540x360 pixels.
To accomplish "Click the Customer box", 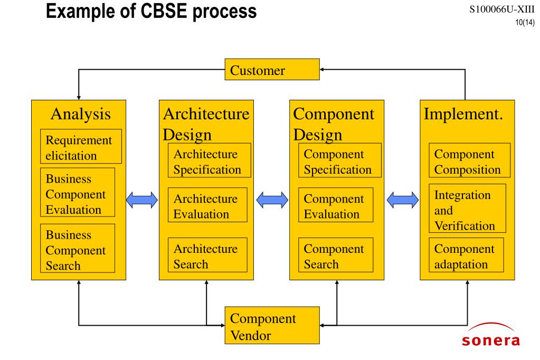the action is coord(272,70).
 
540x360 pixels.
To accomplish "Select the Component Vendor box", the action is coord(272,325).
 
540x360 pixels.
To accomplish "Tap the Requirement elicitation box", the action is coord(81,146).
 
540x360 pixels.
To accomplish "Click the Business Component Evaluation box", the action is coord(78,192).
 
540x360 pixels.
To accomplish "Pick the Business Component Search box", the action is coord(78,249).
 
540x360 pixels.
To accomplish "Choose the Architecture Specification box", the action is coord(210,160).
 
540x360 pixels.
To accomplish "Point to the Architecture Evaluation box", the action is coord(207,205).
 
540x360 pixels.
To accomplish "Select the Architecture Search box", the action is coord(207,255).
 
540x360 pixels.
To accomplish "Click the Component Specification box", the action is coord(340,160).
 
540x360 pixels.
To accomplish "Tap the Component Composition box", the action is coord(469,160).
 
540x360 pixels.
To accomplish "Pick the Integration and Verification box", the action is coord(467,209).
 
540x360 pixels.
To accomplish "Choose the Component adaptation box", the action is coord(466,255).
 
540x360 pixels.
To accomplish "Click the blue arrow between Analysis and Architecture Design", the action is coord(142,200).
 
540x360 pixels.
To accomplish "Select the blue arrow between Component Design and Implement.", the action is coord(403,200).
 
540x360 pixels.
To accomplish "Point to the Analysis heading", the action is coord(81,114).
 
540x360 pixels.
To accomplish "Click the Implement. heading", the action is coord(463,114).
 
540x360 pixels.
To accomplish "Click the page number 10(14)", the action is coord(525,23).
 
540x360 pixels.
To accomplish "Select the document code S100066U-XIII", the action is coord(502,10).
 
